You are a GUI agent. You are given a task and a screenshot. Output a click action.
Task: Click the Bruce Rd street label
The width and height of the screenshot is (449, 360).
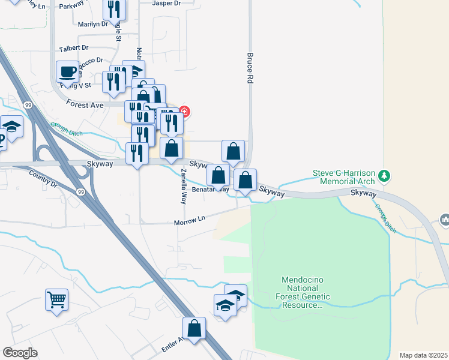(250, 67)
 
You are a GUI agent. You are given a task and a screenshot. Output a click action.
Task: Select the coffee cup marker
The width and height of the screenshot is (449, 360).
(68, 73)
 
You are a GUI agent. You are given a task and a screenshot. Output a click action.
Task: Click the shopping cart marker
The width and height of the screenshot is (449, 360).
(56, 299)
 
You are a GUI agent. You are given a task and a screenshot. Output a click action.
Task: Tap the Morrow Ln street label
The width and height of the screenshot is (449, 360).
(190, 221)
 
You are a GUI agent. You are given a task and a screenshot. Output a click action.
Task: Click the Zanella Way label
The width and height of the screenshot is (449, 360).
(183, 187)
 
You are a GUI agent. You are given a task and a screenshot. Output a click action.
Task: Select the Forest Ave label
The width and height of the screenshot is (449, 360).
(85, 104)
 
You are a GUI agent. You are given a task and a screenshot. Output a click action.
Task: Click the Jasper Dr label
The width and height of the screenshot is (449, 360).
(167, 4)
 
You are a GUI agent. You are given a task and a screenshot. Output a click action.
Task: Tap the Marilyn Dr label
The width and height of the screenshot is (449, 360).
(92, 25)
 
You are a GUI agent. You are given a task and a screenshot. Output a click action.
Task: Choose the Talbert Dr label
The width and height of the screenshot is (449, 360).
(74, 47)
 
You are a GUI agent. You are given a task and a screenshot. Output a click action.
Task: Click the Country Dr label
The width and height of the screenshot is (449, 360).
(43, 178)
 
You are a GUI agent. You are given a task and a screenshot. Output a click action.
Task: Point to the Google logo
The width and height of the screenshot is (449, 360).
(20, 352)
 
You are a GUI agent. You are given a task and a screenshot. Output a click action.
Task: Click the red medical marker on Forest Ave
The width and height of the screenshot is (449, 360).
(184, 112)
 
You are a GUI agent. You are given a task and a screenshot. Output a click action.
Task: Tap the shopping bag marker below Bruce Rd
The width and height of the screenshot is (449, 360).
(233, 152)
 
